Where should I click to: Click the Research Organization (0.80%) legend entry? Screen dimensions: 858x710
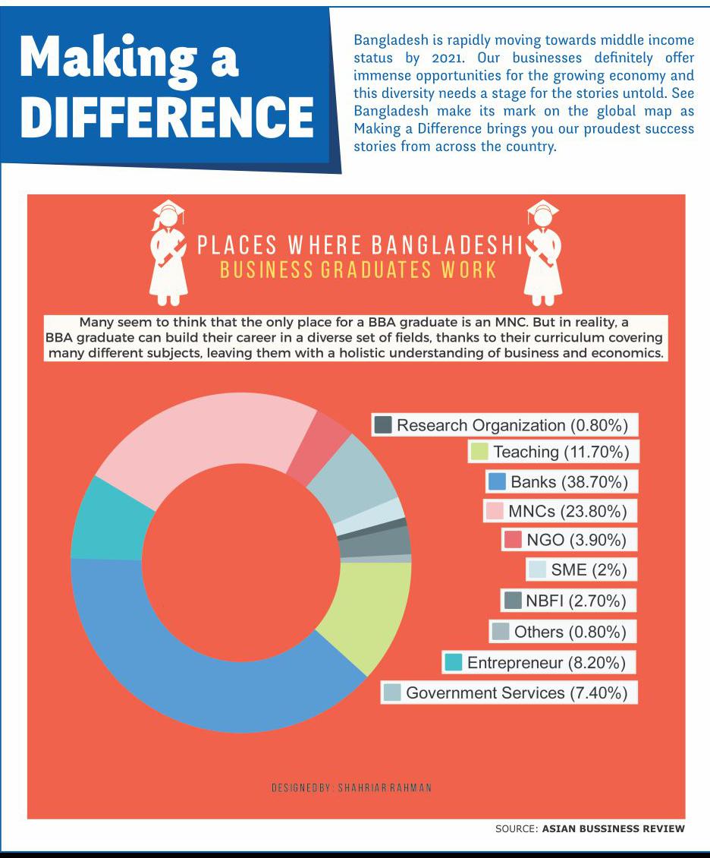(504, 425)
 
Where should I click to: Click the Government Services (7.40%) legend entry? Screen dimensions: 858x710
(509, 692)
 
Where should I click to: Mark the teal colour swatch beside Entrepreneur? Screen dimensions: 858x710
(453, 662)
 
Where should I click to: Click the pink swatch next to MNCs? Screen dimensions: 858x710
(495, 511)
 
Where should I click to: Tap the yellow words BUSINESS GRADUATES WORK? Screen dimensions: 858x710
(358, 270)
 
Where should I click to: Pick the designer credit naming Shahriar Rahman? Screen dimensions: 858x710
(351, 787)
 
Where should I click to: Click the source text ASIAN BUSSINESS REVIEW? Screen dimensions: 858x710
(613, 828)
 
